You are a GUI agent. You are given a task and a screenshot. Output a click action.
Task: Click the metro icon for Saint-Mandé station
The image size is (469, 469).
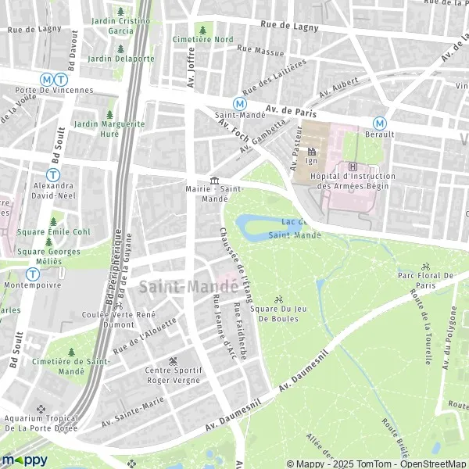(x=240, y=102)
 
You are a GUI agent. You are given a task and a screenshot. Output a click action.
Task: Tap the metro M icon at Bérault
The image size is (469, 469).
(x=379, y=122)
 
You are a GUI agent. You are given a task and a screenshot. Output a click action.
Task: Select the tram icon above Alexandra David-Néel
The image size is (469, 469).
(x=53, y=175)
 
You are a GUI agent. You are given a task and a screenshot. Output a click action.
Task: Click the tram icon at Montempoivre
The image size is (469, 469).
(x=32, y=274)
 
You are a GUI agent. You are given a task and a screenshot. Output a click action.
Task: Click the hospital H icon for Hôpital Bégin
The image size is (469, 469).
(x=353, y=166)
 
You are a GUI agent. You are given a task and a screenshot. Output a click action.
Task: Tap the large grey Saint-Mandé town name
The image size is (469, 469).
(x=184, y=287)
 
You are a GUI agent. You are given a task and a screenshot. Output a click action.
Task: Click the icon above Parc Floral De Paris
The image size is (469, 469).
(x=425, y=266)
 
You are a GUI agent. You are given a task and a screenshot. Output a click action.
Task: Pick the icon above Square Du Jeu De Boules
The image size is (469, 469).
(x=278, y=299)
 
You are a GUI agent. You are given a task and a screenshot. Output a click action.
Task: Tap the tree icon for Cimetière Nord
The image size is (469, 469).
(x=202, y=29)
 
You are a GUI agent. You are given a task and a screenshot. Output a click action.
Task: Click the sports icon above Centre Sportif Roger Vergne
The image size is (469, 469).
(x=173, y=360)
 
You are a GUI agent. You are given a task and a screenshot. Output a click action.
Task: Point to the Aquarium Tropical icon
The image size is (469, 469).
(x=41, y=408)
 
